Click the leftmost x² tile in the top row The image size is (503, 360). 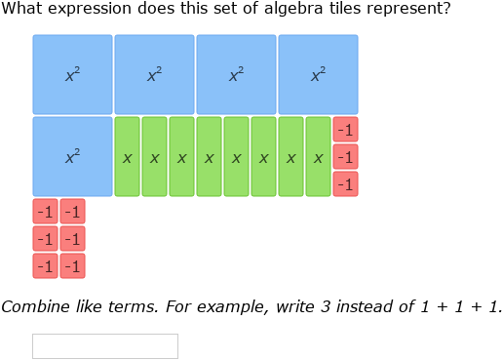tap(72, 75)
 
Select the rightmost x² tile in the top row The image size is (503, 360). tap(318, 75)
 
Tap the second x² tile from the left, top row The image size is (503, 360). tap(154, 75)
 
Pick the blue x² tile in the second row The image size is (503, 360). tap(72, 157)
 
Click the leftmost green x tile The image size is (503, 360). tap(127, 157)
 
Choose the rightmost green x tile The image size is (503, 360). tap(318, 157)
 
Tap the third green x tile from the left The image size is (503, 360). tap(181, 157)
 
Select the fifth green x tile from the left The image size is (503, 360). tap(236, 157)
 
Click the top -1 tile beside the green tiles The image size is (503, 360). tap(345, 130)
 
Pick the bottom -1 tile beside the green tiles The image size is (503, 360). tap(345, 184)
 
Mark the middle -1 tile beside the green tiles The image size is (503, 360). tap(345, 157)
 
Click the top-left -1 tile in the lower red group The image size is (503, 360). tap(45, 212)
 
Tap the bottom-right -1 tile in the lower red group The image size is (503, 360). tap(72, 266)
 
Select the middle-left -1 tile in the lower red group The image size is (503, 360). tap(45, 239)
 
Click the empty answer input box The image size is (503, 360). tap(105, 346)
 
